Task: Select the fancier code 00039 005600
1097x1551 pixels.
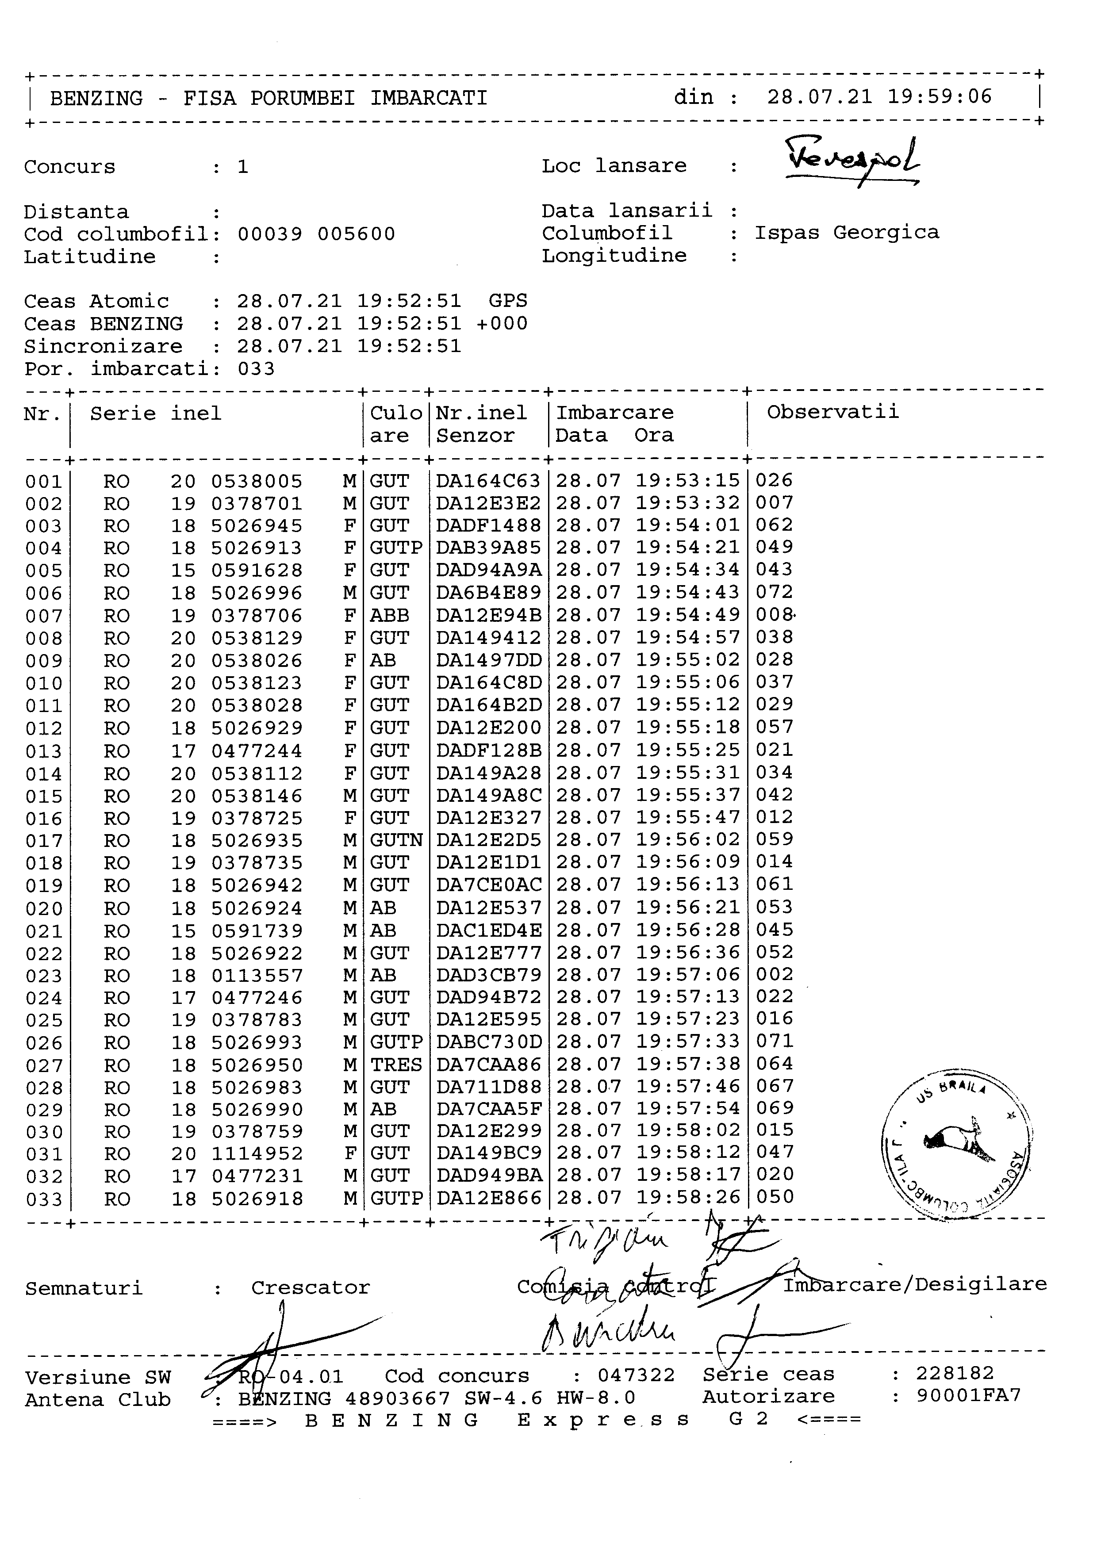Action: tap(316, 234)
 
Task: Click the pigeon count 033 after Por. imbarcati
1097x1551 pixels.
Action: tap(256, 369)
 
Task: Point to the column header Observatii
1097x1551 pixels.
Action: tap(832, 412)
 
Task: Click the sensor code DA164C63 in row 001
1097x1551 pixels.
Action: tap(488, 481)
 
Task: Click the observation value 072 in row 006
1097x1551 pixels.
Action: tap(774, 593)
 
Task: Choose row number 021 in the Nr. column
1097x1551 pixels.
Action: tap(44, 931)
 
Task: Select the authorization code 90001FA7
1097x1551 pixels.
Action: tap(968, 1396)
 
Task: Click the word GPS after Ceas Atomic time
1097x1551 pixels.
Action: tap(507, 301)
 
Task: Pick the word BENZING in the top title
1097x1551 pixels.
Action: tap(96, 99)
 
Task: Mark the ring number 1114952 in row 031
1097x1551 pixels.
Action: tap(257, 1154)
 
